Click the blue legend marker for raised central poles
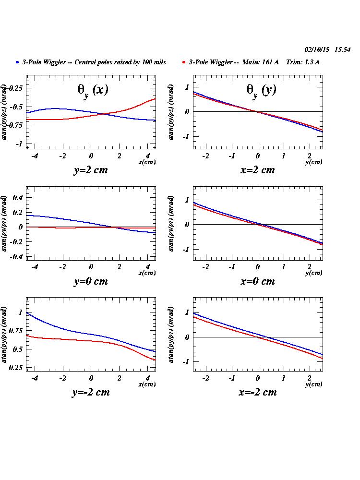point(17,62)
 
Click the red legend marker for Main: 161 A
point(185,62)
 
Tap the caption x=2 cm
point(257,170)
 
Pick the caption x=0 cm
point(257,281)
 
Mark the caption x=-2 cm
point(257,392)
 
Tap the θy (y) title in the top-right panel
point(261,90)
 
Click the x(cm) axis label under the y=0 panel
point(147,273)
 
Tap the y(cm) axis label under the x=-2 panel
point(314,384)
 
